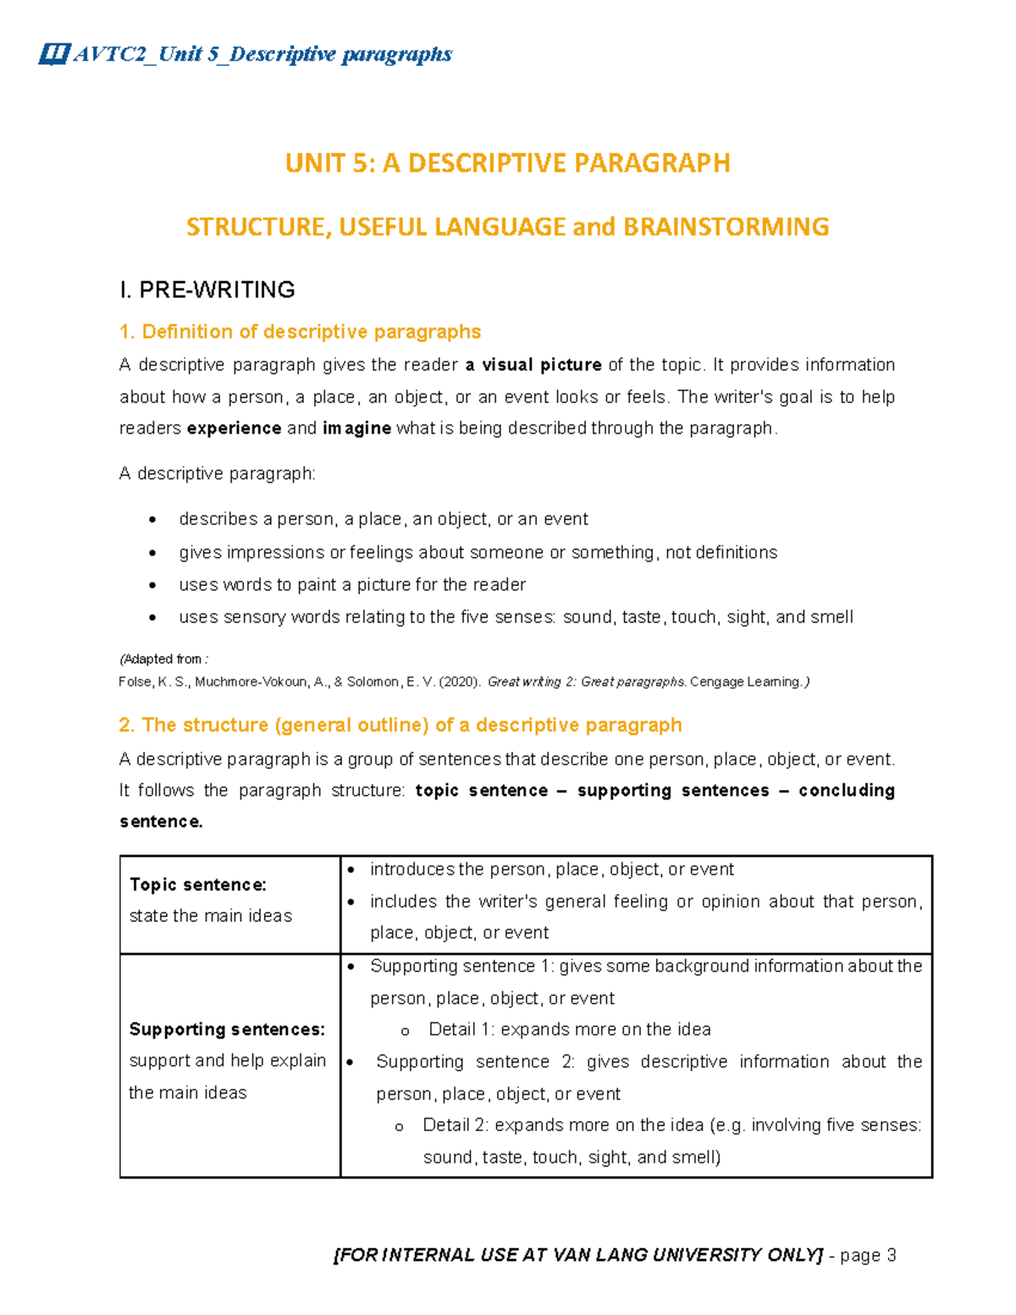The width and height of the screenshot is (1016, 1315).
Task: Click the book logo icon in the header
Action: coord(53,55)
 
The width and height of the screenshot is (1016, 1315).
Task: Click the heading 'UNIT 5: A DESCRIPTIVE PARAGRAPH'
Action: coord(507,163)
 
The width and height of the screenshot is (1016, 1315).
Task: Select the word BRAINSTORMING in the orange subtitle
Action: coord(726,227)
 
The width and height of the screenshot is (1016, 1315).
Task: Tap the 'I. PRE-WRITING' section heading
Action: coord(207,290)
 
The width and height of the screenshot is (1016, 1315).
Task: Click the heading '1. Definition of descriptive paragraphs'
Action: coord(300,331)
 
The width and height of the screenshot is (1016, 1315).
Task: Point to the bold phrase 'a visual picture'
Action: coord(533,365)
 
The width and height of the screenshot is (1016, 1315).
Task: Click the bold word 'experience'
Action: coord(234,428)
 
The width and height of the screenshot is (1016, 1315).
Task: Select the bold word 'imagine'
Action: coord(356,428)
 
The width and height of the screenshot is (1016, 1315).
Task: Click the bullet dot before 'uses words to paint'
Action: coord(152,585)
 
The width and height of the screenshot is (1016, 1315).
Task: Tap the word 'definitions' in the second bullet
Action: coord(736,553)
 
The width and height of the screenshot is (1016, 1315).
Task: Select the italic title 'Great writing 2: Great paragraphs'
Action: coord(586,682)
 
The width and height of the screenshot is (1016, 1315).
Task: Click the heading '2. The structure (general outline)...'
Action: coord(400,725)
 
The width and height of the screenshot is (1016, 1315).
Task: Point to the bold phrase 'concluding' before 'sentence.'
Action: coord(846,790)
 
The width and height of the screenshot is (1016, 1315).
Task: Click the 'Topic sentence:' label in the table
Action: coord(198,885)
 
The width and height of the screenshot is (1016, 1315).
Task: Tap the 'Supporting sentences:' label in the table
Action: coord(227,1030)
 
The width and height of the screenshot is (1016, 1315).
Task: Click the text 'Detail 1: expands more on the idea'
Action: coord(569,1030)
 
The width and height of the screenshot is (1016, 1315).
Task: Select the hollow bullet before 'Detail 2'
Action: coord(399,1127)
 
